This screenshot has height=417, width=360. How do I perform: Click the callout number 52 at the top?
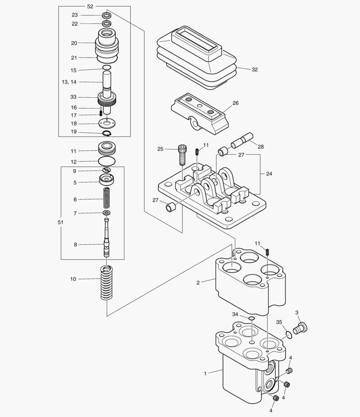pyautogui.click(x=90, y=7)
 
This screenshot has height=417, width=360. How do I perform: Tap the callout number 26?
pyautogui.click(x=235, y=103)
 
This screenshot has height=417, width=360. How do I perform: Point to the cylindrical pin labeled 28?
pyautogui.click(x=242, y=141)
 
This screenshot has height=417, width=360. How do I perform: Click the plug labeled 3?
pyautogui.click(x=300, y=328)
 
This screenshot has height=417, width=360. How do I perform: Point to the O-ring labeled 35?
pyautogui.click(x=288, y=334)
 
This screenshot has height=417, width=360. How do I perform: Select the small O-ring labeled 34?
pyautogui.click(x=251, y=319)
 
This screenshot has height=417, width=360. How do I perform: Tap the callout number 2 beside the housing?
pyautogui.click(x=198, y=283)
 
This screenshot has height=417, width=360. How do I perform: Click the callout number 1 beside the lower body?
pyautogui.click(x=205, y=373)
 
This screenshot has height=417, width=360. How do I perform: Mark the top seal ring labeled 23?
pyautogui.click(x=107, y=15)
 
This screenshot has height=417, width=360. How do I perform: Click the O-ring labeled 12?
pyautogui.click(x=107, y=161)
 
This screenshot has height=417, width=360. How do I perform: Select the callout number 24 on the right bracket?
pyautogui.click(x=269, y=174)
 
